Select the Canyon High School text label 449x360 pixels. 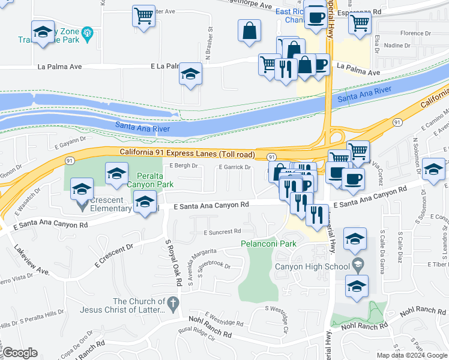point(312,266)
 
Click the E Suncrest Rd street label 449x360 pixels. point(222,232)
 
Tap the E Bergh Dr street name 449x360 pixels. point(183,166)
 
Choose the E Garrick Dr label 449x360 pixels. point(234,167)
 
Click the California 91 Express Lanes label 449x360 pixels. point(187,154)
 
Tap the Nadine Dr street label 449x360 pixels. point(397,45)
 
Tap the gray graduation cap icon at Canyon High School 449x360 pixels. point(358,264)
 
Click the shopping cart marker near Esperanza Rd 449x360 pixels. point(360,23)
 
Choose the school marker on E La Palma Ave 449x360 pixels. point(190,74)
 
